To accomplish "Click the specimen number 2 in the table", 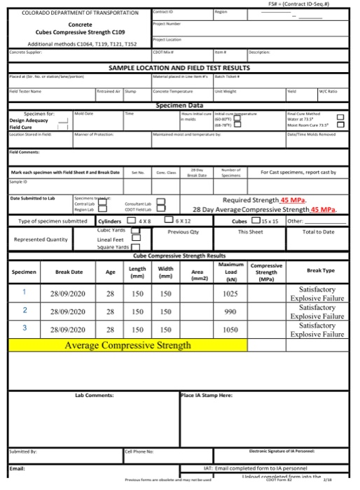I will pos(25,310).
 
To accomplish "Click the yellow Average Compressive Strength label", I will pos(126,345).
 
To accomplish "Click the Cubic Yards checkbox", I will pos(136,230).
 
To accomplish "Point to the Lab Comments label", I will pos(94,396).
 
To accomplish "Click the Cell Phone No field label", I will pos(139,451).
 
